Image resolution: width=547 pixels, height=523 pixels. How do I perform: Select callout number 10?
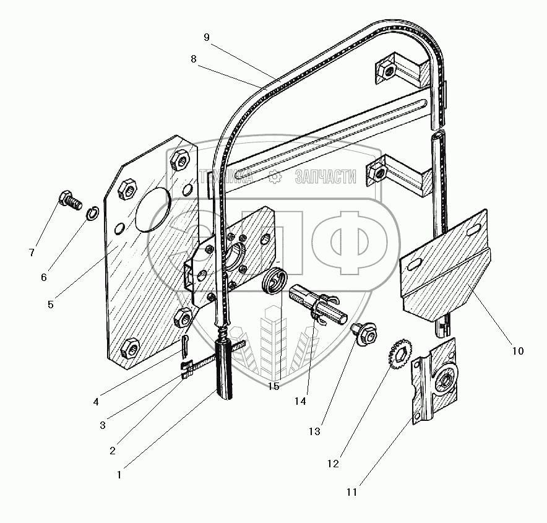coord(517,350)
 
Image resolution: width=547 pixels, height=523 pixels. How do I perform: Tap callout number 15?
coord(273,386)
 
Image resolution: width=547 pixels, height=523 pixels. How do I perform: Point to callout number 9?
coord(207,37)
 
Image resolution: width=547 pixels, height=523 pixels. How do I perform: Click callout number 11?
coord(351,493)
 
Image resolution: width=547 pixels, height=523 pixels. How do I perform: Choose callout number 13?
coord(314,431)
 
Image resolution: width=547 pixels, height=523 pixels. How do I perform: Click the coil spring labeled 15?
coord(274,284)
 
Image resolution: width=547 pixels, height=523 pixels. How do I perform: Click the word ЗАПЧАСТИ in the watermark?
coord(326,178)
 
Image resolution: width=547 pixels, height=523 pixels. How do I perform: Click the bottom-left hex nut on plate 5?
coord(130,349)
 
